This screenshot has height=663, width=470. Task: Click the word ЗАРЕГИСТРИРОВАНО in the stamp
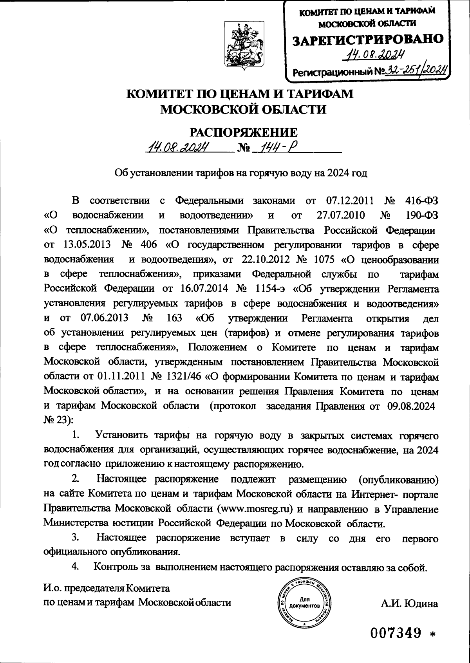click(x=368, y=39)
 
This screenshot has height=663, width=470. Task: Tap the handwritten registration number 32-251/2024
click(x=416, y=70)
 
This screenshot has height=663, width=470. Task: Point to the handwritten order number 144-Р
click(x=276, y=148)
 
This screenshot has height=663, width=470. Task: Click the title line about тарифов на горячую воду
click(x=240, y=173)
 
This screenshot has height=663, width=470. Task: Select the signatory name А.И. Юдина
click(x=410, y=603)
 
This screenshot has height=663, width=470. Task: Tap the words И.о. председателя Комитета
click(x=106, y=588)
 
